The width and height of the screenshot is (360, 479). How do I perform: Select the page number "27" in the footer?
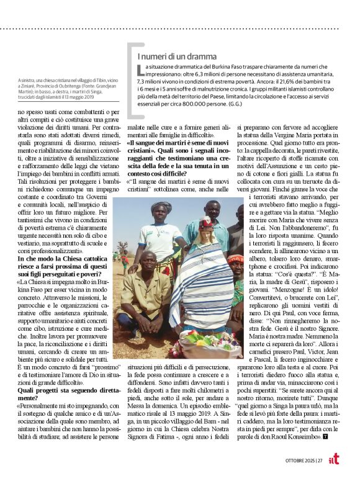click(320, 460)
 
